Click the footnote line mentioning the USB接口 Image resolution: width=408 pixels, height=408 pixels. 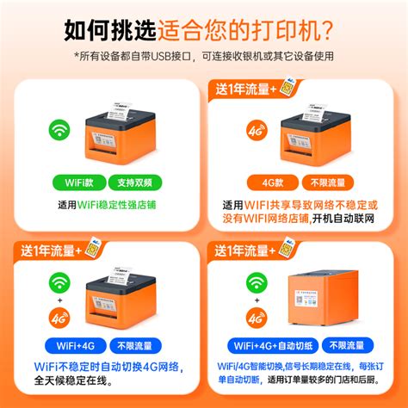click(x=203, y=57)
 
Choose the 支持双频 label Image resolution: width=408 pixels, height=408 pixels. click(x=135, y=182)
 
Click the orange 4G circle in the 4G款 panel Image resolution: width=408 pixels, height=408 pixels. click(x=255, y=132)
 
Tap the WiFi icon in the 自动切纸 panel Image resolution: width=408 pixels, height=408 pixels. click(x=255, y=282)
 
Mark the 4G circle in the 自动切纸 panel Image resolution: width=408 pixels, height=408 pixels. click(x=255, y=318)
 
